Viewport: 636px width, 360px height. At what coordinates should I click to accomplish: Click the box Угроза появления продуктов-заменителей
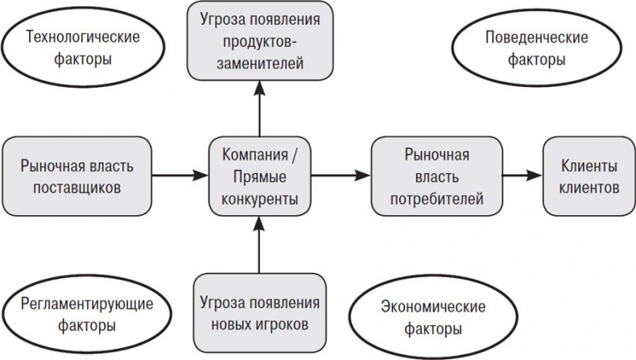[x=259, y=39]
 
